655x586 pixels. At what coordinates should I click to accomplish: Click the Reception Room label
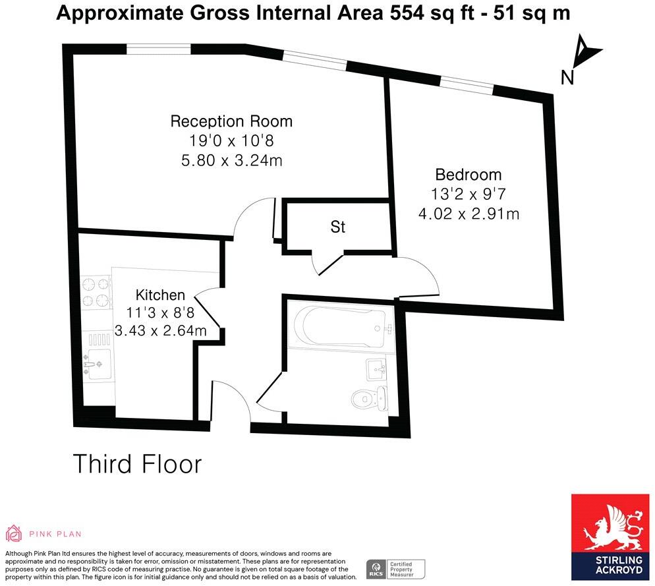click(x=231, y=121)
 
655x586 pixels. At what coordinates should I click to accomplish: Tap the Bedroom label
click(x=469, y=175)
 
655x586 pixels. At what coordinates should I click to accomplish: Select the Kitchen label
click(x=160, y=295)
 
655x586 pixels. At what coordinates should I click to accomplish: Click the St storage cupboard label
click(x=338, y=227)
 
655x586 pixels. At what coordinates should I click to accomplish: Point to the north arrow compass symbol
click(x=583, y=52)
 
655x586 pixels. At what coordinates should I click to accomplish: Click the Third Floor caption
click(x=136, y=463)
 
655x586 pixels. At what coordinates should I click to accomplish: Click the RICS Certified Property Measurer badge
click(x=395, y=568)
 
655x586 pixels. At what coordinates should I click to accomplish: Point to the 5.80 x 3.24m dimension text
click(x=231, y=160)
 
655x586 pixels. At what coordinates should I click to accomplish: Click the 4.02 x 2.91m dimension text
click(x=469, y=214)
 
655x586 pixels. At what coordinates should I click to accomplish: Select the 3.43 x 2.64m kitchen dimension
click(x=160, y=331)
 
